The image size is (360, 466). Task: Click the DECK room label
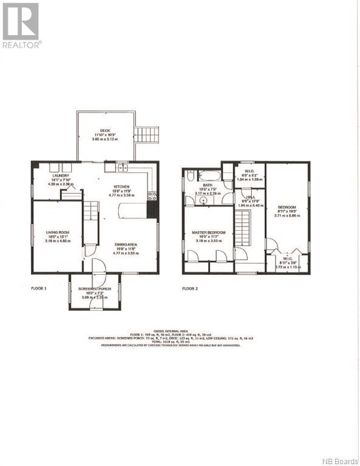click(106, 131)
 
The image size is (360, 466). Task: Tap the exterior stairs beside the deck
click(146, 134)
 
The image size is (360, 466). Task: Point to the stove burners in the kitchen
click(152, 195)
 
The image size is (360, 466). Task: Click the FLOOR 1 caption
click(39, 288)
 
